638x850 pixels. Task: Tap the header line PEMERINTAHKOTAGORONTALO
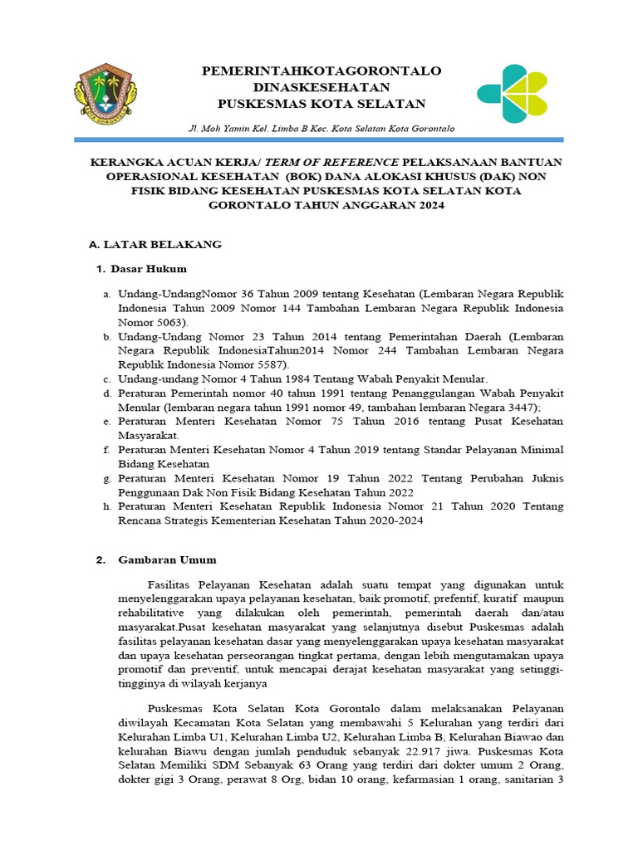(321, 71)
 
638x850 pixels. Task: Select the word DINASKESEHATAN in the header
(321, 86)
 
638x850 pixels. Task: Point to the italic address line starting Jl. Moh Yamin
(321, 129)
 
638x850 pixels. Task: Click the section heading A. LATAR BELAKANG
(155, 244)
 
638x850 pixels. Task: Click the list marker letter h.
(106, 506)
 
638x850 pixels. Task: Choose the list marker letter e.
(106, 422)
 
